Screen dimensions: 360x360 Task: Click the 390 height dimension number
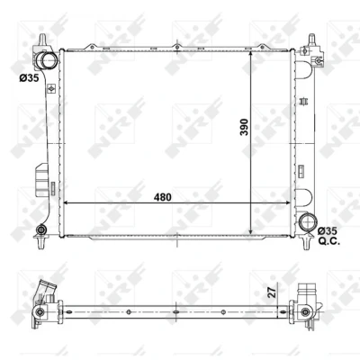tap(245, 127)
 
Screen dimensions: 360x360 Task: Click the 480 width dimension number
tap(163, 197)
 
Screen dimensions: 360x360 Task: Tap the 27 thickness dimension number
tap(272, 292)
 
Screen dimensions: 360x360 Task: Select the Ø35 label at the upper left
tap(29, 78)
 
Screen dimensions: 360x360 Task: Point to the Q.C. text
tap(329, 241)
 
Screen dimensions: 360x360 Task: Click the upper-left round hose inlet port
tap(48, 61)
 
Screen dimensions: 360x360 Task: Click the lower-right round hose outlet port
tap(308, 222)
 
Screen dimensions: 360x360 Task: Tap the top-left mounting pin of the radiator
tap(43, 40)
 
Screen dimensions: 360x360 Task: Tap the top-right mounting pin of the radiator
tap(312, 40)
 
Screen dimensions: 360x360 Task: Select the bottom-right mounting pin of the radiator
tap(307, 243)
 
